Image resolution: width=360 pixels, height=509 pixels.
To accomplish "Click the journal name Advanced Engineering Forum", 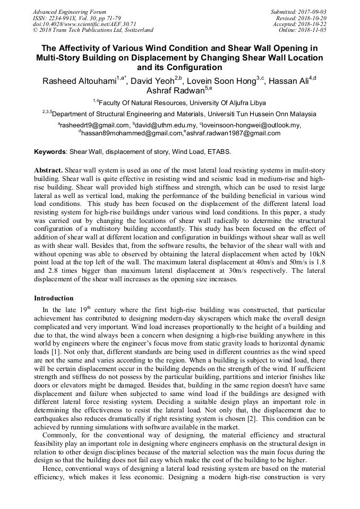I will click(70, 12).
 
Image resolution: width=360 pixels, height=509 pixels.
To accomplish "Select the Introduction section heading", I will click(54, 298).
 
